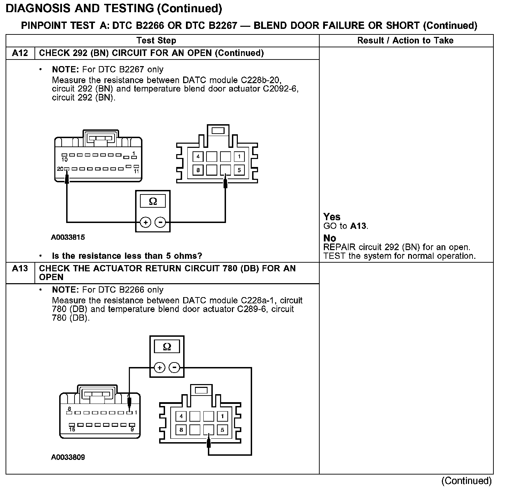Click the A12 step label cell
click(x=20, y=53)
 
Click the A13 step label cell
click(x=20, y=269)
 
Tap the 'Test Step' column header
click(x=156, y=41)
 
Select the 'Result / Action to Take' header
click(x=405, y=41)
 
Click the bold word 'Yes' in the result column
click(x=332, y=217)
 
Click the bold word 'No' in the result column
click(x=330, y=238)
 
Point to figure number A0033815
click(x=68, y=237)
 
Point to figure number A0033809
click(x=68, y=457)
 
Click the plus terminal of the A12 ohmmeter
click(x=146, y=222)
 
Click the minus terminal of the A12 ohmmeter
click(x=160, y=222)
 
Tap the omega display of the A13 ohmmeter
click(x=167, y=347)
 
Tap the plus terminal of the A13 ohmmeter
click(x=159, y=368)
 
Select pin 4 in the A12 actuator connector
click(x=198, y=157)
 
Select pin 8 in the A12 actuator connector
click(x=198, y=170)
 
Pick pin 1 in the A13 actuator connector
click(x=223, y=416)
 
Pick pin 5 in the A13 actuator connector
click(x=223, y=430)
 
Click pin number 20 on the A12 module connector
click(x=60, y=169)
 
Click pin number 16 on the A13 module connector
click(x=72, y=429)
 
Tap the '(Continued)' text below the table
click(x=467, y=481)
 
